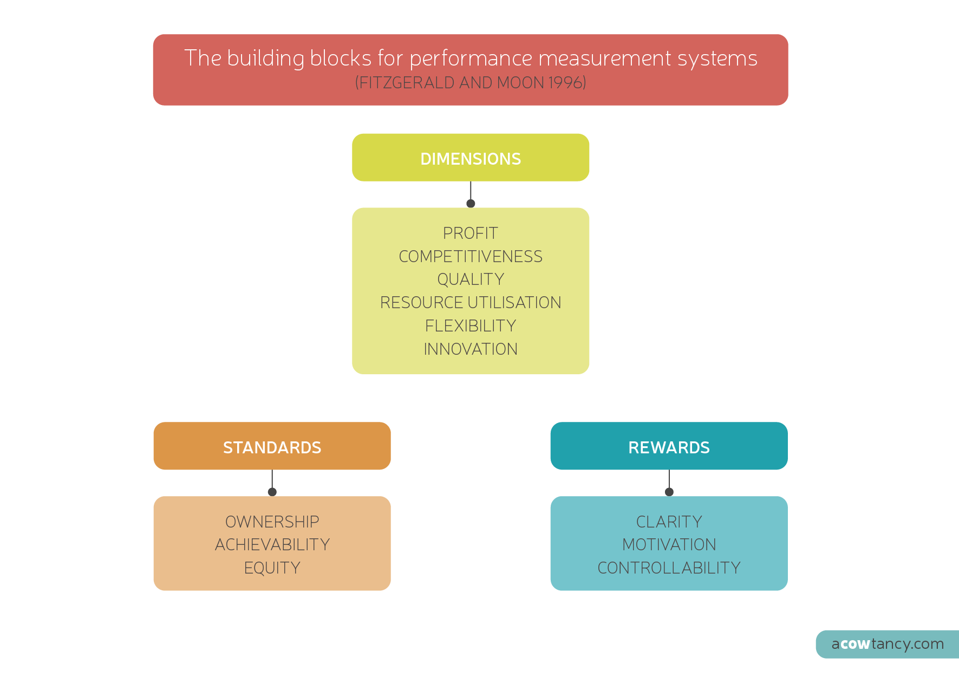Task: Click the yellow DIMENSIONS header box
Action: tap(471, 158)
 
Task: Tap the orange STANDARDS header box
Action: tap(272, 446)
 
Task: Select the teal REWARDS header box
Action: tap(669, 446)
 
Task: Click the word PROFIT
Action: tap(471, 233)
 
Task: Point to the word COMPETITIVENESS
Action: tap(471, 257)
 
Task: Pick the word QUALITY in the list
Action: tap(471, 279)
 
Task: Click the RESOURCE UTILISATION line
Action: tap(471, 303)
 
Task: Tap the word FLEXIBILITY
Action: tap(471, 326)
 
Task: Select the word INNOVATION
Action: tap(471, 349)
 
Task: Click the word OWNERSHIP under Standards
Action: tap(272, 522)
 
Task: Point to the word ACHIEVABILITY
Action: tap(272, 545)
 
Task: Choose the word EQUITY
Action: tap(272, 568)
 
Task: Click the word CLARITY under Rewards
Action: tap(669, 522)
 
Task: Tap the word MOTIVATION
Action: tap(669, 545)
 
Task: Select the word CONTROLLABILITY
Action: tap(669, 568)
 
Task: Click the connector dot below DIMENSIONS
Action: tap(471, 204)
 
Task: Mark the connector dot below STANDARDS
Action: tap(272, 492)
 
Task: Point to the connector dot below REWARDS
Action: tap(669, 492)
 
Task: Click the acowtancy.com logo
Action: tap(888, 644)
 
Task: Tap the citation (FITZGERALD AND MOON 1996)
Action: tap(471, 83)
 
